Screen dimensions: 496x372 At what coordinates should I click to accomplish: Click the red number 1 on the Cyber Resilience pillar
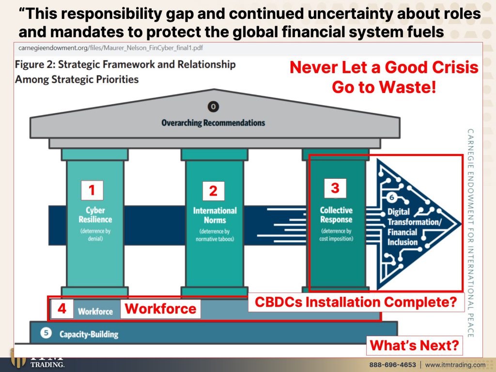click(92, 190)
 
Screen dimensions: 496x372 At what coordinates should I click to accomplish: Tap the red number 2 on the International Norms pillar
click(213, 191)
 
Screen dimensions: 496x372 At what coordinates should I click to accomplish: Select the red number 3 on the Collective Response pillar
click(335, 188)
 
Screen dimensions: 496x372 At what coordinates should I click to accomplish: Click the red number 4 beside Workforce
click(62, 309)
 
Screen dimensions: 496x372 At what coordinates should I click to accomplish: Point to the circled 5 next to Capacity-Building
click(46, 333)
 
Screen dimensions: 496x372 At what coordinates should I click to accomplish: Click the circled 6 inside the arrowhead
click(391, 198)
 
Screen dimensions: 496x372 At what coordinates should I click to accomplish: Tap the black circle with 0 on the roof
click(213, 107)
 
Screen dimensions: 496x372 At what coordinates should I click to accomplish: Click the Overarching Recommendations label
click(213, 123)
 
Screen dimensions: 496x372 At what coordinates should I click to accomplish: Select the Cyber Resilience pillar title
click(95, 215)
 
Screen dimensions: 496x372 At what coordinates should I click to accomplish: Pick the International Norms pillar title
click(215, 216)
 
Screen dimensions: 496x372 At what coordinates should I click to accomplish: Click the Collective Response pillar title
click(336, 215)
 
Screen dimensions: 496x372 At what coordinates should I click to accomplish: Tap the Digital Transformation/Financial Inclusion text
click(414, 227)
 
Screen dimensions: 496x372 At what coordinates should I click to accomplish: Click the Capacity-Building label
click(89, 334)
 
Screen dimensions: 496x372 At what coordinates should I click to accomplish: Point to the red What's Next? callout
click(415, 345)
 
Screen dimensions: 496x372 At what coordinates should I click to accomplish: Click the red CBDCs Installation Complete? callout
click(356, 302)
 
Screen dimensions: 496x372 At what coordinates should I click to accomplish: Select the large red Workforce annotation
click(160, 309)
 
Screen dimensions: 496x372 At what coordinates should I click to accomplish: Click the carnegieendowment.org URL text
click(111, 48)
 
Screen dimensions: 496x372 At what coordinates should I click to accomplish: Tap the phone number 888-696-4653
click(392, 365)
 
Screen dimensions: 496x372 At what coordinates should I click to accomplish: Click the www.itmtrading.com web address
click(455, 365)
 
